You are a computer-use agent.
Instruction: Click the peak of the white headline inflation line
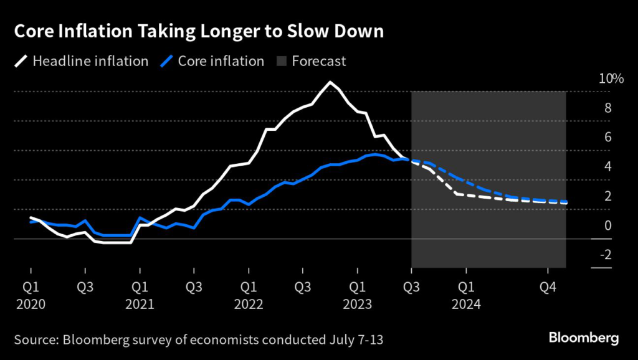click(x=330, y=82)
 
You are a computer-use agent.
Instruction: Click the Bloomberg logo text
click(x=583, y=338)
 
